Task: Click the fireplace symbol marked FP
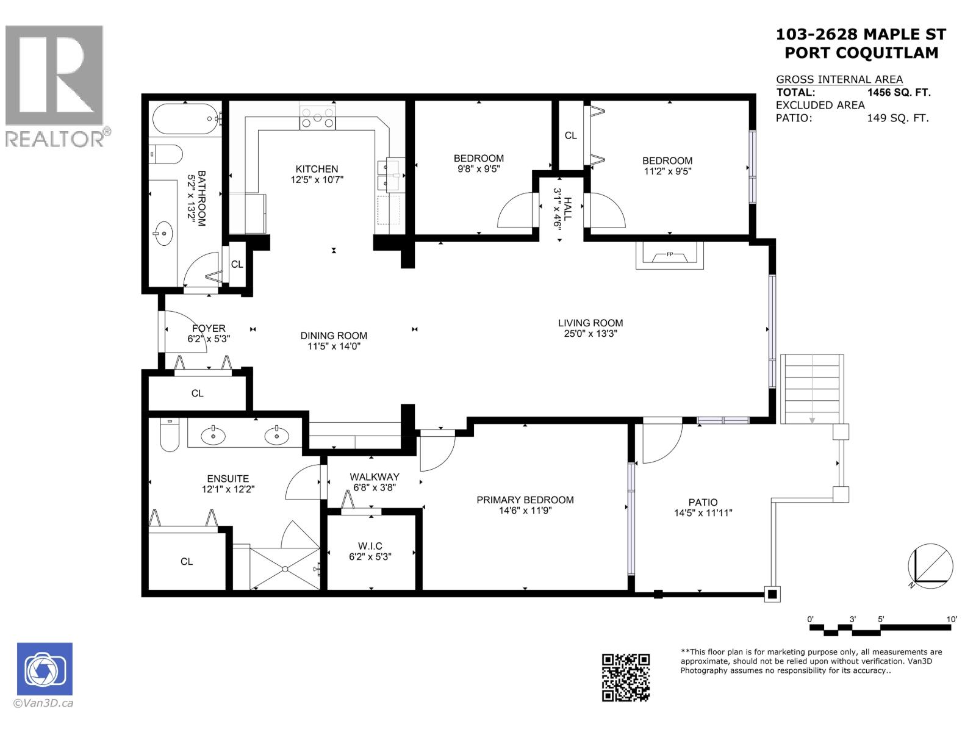tap(669, 255)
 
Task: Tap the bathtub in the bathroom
tap(185, 119)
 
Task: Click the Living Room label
tap(590, 323)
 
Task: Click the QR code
tap(626, 677)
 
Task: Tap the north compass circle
tap(930, 566)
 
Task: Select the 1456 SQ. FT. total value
tap(899, 93)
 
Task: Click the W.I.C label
tap(370, 546)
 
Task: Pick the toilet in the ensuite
tap(170, 436)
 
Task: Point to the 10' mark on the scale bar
tap(952, 620)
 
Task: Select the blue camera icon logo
tap(45, 669)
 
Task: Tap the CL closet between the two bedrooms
tap(570, 135)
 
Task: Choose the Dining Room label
tap(334, 335)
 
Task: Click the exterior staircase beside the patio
tap(812, 389)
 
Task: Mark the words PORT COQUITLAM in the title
tap(861, 52)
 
